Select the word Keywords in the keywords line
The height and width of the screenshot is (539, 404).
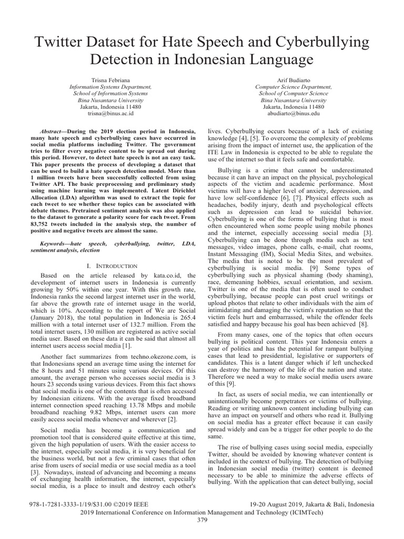click(x=56, y=245)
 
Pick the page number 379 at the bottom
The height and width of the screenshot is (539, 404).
click(x=202, y=521)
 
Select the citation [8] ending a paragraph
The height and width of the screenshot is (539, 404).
click(x=363, y=324)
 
